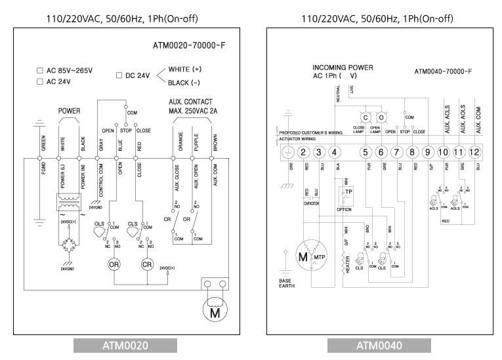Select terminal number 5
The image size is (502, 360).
click(x=366, y=152)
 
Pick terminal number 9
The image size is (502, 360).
click(x=428, y=152)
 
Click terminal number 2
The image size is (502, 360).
click(x=303, y=152)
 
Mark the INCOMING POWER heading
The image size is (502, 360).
click(x=343, y=68)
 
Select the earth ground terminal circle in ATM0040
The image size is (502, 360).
click(x=287, y=152)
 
